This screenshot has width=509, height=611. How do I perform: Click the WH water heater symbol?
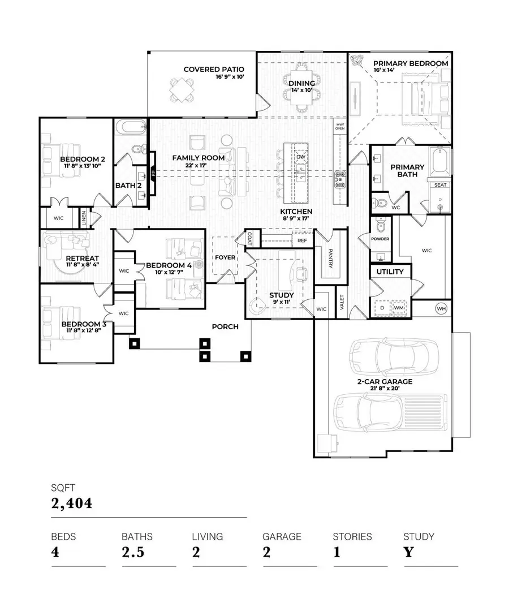coord(442,308)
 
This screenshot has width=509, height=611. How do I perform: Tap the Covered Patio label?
coord(214,70)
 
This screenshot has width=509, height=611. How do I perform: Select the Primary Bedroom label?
coord(411,63)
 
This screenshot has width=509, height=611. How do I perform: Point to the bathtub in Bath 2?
coord(131,128)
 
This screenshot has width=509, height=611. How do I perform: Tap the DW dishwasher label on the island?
coord(301,157)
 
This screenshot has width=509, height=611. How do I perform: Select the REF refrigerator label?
coord(302,240)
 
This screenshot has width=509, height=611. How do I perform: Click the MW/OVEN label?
coord(340,126)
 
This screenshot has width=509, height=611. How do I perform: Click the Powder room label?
coord(380,239)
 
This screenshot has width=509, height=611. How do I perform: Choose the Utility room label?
coord(390,272)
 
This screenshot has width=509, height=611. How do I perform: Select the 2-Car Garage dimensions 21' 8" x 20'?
coord(384,389)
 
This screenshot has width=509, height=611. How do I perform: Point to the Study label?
coord(265,295)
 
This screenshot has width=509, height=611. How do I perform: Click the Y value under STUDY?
coord(408,552)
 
